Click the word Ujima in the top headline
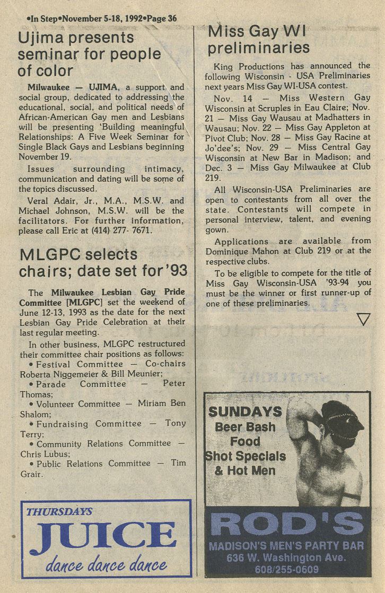point(42,38)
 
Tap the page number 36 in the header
point(171,19)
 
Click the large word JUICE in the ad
point(102,536)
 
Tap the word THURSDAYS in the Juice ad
point(59,512)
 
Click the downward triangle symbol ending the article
point(363,319)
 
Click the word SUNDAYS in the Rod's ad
point(245,412)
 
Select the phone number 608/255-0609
point(287,569)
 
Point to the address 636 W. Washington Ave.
point(287,558)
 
